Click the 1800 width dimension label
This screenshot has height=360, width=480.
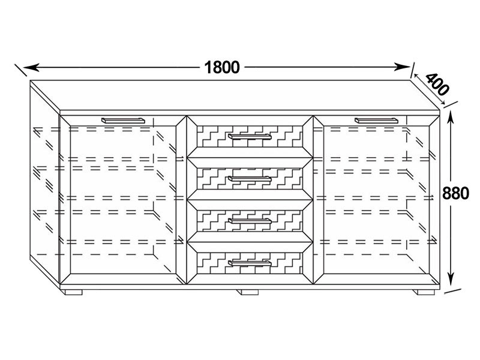click(222, 67)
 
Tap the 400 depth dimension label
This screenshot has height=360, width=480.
click(437, 84)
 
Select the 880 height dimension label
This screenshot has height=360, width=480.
click(455, 193)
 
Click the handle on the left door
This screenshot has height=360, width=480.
click(123, 121)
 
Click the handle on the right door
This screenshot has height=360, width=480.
click(377, 121)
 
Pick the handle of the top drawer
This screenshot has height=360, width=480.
click(250, 136)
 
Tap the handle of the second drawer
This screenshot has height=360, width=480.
click(250, 179)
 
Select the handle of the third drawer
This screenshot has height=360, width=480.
click(250, 221)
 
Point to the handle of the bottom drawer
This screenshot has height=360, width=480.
click(250, 263)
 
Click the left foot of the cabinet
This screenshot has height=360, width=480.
click(74, 292)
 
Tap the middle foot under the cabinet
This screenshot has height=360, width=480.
click(250, 292)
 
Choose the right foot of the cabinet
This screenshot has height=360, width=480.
click(426, 292)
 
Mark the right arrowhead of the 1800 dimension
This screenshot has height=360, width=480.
click(401, 67)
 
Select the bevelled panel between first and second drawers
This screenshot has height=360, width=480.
click(250, 158)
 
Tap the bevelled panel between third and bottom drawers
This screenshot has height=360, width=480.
click(250, 242)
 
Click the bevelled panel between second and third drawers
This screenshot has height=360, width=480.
click(250, 200)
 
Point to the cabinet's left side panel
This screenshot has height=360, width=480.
click(44, 184)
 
